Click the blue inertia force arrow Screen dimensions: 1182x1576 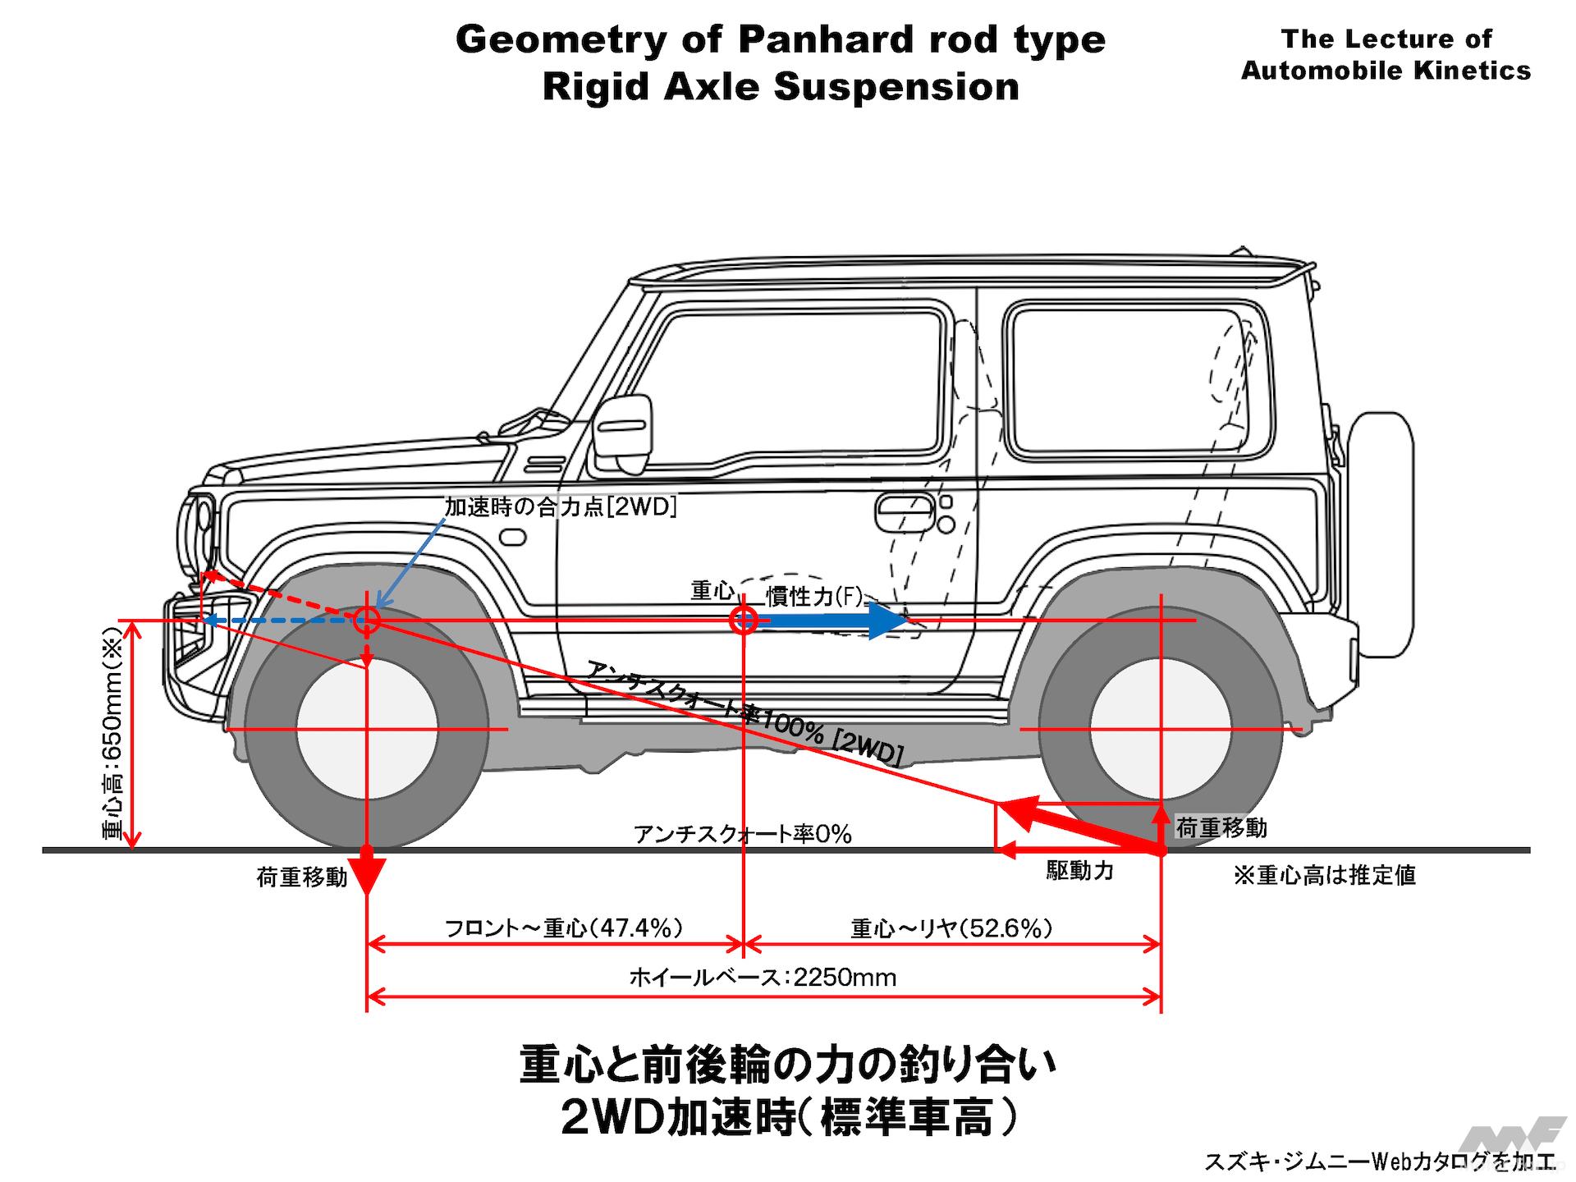tap(829, 621)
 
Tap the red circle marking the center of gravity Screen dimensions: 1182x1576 tap(744, 621)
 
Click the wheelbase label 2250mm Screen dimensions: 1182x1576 tap(763, 978)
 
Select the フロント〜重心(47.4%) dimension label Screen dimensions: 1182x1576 tap(564, 928)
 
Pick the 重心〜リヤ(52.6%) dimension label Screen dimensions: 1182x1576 tap(951, 928)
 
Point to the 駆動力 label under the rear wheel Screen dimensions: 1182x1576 tap(1079, 871)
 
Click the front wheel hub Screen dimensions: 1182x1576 tap(367, 728)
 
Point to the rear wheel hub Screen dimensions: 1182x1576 tap(1161, 728)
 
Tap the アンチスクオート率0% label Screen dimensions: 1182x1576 tap(743, 835)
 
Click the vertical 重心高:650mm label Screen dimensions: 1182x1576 tap(112, 734)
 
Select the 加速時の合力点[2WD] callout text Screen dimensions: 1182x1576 tap(561, 507)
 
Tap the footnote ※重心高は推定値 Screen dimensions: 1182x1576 tap(1325, 876)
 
